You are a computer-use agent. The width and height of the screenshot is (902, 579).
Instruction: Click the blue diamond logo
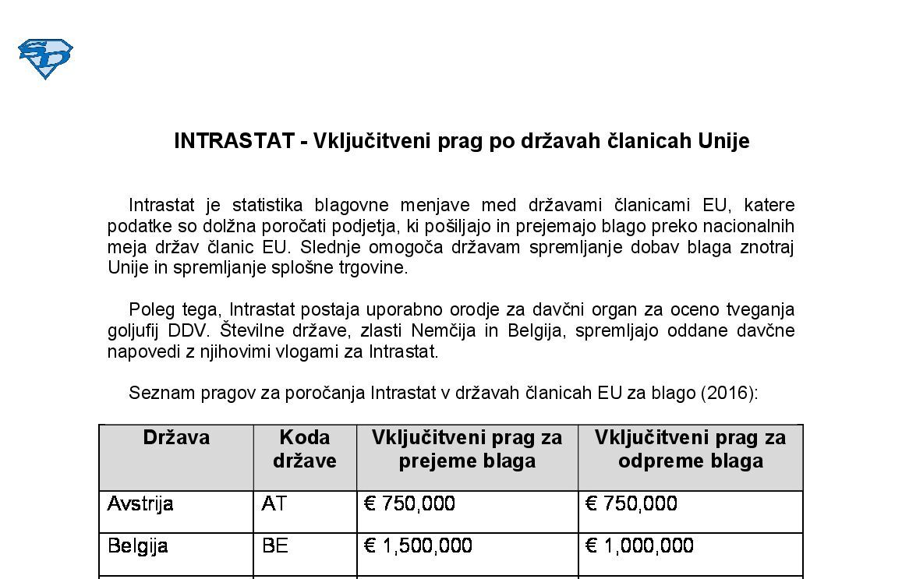pos(45,58)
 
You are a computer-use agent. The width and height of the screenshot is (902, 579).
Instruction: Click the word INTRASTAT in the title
pos(232,141)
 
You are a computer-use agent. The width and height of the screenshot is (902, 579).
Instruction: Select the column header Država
pos(176,437)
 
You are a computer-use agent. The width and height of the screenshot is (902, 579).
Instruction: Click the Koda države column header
pos(304,449)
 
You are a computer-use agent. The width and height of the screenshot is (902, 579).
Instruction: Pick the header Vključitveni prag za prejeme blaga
pos(466,449)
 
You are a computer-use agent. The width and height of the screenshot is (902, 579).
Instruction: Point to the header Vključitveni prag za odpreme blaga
pos(690,449)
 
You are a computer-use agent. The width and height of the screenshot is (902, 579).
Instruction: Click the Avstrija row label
pos(140,504)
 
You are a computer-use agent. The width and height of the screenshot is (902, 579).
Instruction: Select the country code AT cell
pos(274,504)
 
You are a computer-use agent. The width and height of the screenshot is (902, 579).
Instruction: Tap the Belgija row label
pos(138,545)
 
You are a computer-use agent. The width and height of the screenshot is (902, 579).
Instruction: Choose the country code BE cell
pos(275,545)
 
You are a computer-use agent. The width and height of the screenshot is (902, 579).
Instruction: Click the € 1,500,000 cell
pos(418,545)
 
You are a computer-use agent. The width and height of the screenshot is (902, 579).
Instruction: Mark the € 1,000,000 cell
pos(639,545)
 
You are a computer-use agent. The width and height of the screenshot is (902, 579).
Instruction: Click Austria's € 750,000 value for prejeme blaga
pos(409,504)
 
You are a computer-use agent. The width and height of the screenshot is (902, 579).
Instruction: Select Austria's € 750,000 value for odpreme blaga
pos(631,504)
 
